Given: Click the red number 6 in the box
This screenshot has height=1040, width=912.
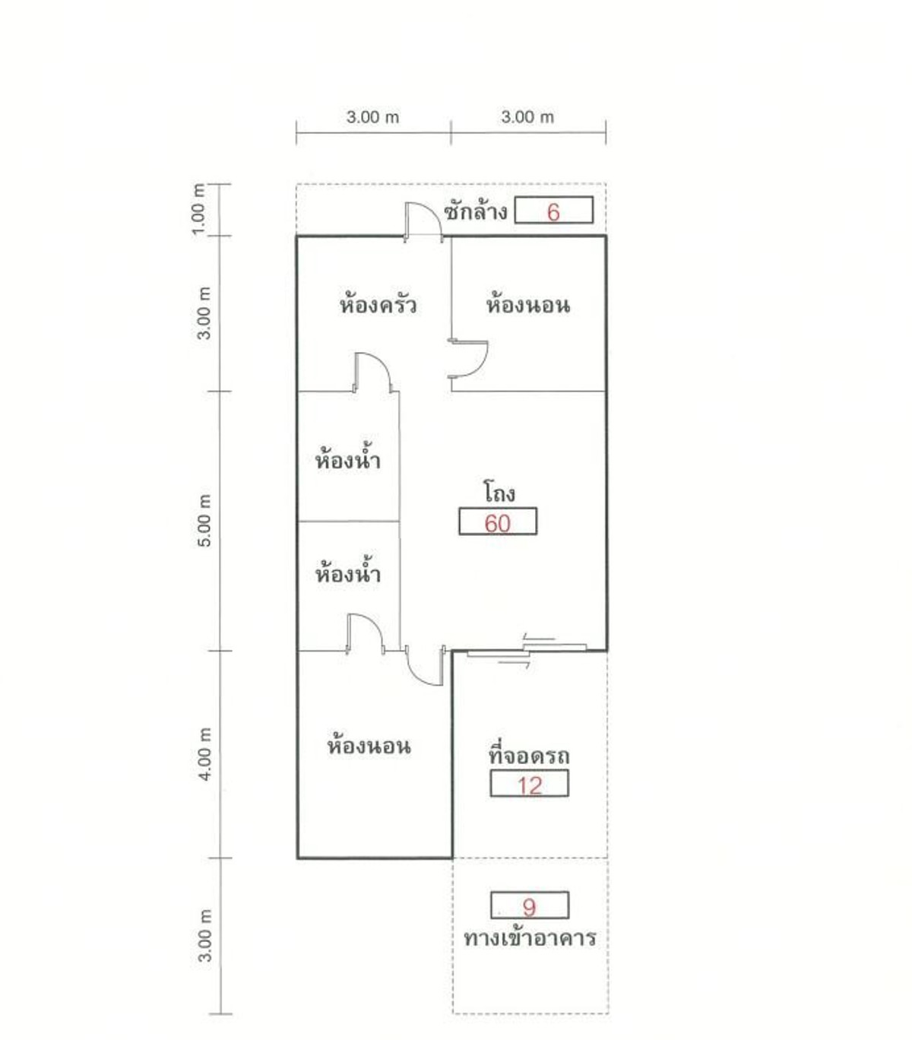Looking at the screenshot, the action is tap(553, 212).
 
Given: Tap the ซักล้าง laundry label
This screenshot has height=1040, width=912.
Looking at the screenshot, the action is tap(475, 211).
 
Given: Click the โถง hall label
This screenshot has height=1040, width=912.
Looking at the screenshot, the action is tap(499, 491).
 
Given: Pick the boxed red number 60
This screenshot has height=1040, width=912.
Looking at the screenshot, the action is tap(497, 524).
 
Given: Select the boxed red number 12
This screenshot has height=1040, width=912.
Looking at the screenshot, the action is tap(529, 786).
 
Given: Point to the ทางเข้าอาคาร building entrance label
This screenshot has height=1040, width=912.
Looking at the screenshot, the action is tap(530, 938).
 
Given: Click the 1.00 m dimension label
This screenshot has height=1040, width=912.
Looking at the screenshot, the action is tap(198, 209).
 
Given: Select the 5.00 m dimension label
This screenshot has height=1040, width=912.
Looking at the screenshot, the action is tap(204, 521).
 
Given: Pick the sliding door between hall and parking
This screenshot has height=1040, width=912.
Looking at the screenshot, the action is tap(527, 648).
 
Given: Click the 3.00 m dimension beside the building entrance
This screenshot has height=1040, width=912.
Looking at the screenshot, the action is tap(204, 935).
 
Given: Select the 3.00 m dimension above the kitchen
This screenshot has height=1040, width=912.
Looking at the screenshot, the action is tap(372, 117).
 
